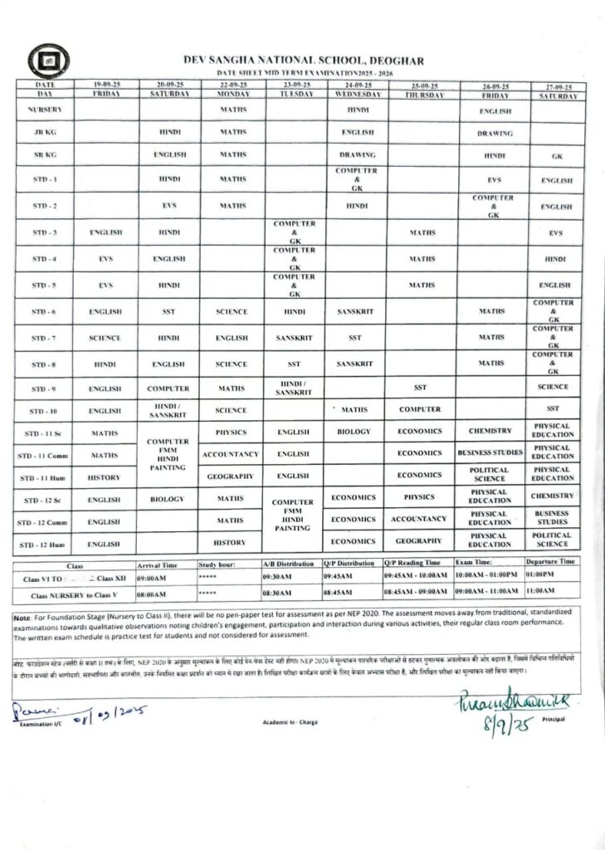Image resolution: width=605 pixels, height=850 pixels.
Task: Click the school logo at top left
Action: (48, 60)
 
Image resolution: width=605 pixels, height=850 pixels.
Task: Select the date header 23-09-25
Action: (295, 85)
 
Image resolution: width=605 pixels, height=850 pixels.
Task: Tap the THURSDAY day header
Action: (420, 95)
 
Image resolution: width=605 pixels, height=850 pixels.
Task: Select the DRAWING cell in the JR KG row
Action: (494, 133)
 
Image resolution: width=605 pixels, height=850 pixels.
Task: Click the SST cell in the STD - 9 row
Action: (420, 388)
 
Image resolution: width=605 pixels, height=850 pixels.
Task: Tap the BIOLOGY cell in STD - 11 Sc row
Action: (354, 432)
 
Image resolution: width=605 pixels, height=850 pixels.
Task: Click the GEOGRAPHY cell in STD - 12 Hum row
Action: (420, 541)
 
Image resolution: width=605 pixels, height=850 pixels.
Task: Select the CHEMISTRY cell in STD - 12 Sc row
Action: (554, 496)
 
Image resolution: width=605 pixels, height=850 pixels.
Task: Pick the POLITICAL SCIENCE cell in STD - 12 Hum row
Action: (554, 540)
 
